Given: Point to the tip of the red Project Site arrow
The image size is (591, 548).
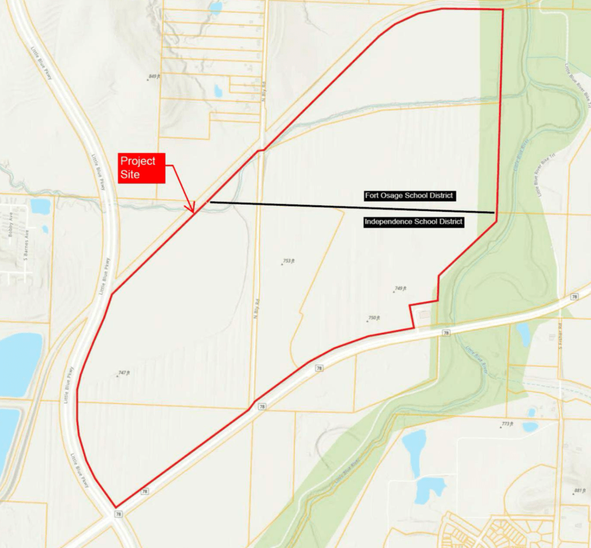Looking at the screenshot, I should coord(193,211).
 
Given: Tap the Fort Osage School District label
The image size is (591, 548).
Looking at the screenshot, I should coord(410,196).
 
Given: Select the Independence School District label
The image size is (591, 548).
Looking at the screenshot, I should coord(414,221).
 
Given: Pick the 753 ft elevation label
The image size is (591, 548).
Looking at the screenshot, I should coord(289,261).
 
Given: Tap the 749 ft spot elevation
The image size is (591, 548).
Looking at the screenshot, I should coord(401,288).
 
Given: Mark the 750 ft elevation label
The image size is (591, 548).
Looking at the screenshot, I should coord(373,318).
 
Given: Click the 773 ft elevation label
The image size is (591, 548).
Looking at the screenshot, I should coord(506,424).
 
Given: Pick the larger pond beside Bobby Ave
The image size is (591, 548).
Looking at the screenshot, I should coord(40,206).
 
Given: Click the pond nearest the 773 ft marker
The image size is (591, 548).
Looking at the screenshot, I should coord(530,427).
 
